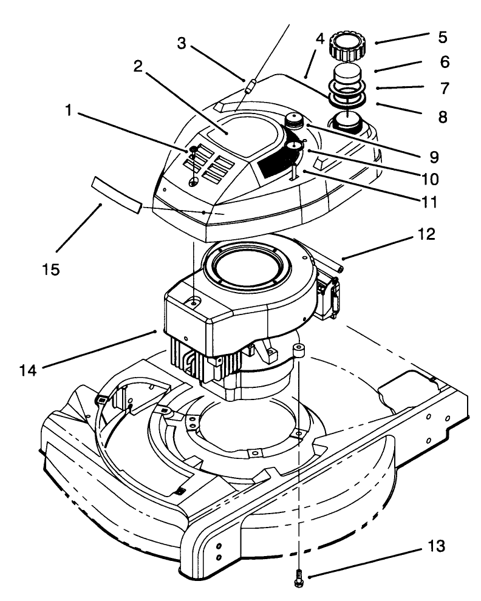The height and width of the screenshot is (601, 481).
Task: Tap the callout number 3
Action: [x=182, y=43]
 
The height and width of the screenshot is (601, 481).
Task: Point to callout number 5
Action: [x=443, y=37]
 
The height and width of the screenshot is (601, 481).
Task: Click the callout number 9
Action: [x=433, y=157]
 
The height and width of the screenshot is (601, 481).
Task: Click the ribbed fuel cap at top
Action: [x=347, y=46]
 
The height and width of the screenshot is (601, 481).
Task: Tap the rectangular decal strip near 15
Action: [x=116, y=194]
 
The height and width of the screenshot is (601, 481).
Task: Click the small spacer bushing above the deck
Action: [x=298, y=350]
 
